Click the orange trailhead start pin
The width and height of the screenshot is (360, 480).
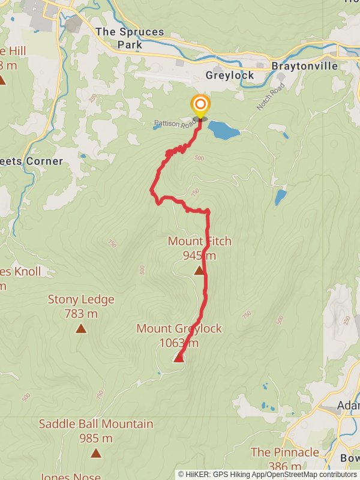(x=200, y=107)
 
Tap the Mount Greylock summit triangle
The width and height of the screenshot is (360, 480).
(x=178, y=358)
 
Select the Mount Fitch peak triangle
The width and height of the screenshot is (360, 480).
(x=199, y=271)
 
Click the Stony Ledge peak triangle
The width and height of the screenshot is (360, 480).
(x=81, y=329)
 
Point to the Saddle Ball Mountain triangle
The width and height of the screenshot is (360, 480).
(x=96, y=453)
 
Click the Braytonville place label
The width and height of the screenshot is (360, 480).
(x=304, y=66)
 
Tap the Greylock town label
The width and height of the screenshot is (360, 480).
(x=230, y=76)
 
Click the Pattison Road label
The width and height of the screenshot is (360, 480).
(x=174, y=124)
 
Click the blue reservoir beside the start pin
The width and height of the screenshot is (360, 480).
(x=223, y=130)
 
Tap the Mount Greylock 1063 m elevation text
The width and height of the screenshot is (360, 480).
(x=179, y=343)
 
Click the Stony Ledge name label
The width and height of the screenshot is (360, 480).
(x=81, y=299)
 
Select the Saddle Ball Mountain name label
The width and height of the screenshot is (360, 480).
(x=96, y=424)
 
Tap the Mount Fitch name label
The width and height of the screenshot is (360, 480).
(x=199, y=241)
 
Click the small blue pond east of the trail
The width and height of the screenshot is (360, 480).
(x=280, y=197)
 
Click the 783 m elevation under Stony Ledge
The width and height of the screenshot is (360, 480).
(x=81, y=313)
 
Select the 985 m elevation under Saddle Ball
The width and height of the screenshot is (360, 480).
(x=96, y=438)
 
